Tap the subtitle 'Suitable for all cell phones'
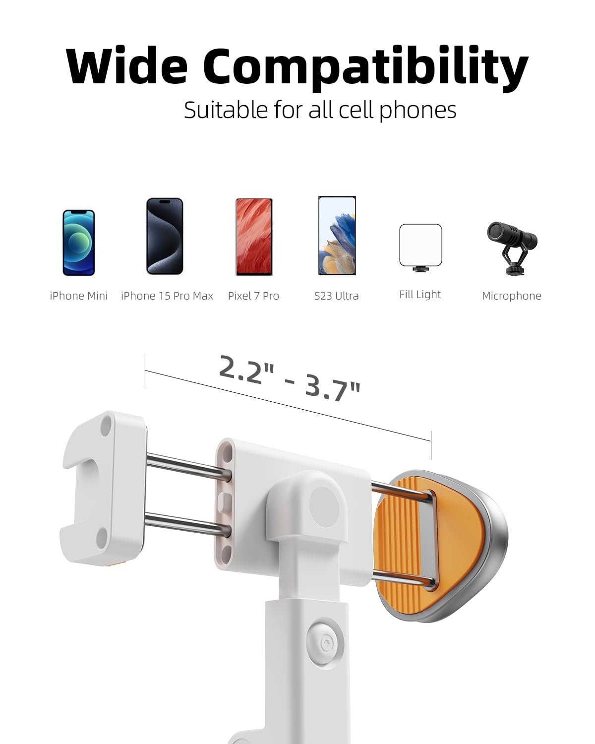tap(320, 110)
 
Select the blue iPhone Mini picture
tap(78, 243)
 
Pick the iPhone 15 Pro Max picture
tap(165, 236)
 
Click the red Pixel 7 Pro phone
tap(254, 237)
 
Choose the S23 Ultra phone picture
tap(337, 236)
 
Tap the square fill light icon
tap(420, 246)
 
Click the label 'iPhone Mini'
tap(78, 296)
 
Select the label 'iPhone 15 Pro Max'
tap(167, 296)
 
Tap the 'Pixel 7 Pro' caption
tap(253, 296)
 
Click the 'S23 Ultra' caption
tap(336, 296)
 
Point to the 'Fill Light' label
tap(420, 295)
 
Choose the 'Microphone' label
tap(511, 296)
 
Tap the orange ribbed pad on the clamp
tap(404, 541)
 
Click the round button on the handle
tap(326, 643)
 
